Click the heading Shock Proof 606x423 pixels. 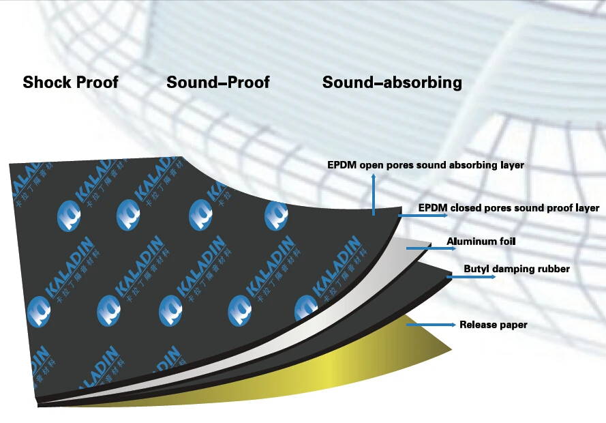[x=70, y=83]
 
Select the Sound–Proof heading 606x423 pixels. [x=217, y=83]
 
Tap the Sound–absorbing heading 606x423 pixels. [x=392, y=83]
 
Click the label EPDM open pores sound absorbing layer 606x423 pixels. [x=425, y=165]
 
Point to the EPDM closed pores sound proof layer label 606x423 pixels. [x=509, y=208]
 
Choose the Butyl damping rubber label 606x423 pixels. [x=516, y=269]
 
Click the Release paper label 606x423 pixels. [x=493, y=325]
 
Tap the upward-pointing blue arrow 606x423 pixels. [x=374, y=194]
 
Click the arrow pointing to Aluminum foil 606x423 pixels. [x=421, y=248]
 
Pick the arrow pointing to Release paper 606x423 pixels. [x=430, y=325]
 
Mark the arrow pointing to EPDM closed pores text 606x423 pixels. [x=423, y=215]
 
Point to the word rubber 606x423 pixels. [x=554, y=269]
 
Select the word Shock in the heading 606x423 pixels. [x=46, y=83]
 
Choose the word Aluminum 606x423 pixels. [x=468, y=242]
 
